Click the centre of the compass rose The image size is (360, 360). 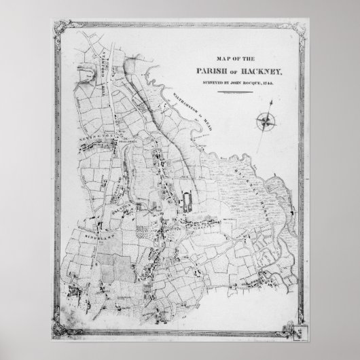[265, 120]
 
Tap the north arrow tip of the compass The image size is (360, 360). [270, 102]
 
